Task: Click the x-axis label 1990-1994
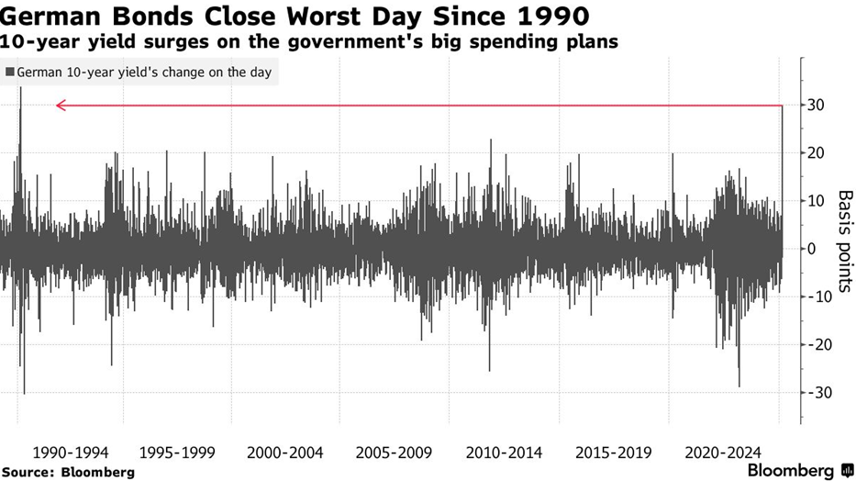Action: pyautogui.click(x=71, y=453)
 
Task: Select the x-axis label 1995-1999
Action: pyautogui.click(x=178, y=453)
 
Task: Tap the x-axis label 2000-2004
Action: pyautogui.click(x=286, y=453)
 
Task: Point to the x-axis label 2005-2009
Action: pyautogui.click(x=395, y=453)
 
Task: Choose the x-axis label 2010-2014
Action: pyautogui.click(x=503, y=453)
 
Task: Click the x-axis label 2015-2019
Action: pyautogui.click(x=612, y=453)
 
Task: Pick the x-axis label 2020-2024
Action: pyautogui.click(x=720, y=453)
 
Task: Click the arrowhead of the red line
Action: pyautogui.click(x=60, y=106)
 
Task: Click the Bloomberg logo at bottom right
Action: pyautogui.click(x=795, y=470)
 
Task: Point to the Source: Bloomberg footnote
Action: pyautogui.click(x=68, y=472)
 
